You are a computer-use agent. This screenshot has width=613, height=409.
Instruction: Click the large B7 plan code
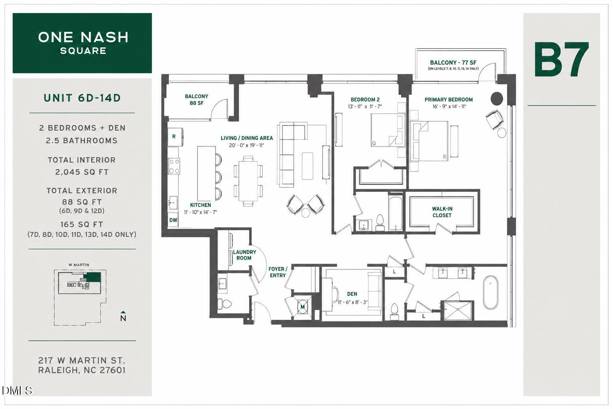click(562, 60)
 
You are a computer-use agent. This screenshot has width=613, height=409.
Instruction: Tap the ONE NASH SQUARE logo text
click(83, 43)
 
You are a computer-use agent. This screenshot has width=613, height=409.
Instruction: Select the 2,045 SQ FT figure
click(82, 172)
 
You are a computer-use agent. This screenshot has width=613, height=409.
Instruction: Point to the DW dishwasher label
click(173, 220)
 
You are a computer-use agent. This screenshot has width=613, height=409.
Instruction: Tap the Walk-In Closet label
click(442, 212)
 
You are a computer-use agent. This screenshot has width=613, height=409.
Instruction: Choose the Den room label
click(352, 294)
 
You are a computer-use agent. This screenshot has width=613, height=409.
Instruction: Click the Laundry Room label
click(244, 255)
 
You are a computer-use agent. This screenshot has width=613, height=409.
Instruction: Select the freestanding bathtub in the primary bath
click(490, 292)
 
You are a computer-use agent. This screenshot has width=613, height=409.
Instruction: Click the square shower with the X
click(458, 311)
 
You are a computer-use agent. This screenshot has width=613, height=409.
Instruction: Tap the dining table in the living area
click(248, 181)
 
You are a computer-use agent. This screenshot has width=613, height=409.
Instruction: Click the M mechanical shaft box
click(303, 306)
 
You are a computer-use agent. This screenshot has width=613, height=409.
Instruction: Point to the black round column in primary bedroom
click(497, 98)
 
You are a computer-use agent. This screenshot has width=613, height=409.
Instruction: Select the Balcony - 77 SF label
click(453, 63)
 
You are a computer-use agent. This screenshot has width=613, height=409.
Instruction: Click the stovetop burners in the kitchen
click(174, 166)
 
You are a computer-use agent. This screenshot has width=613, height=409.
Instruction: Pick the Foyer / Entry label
click(278, 272)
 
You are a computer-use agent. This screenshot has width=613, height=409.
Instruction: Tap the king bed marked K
click(429, 141)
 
